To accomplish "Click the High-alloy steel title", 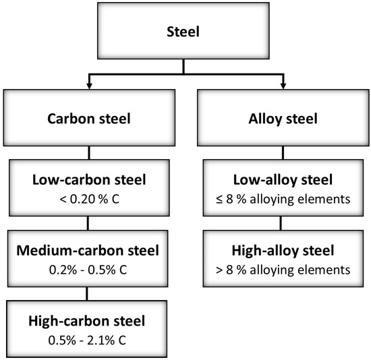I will pos(281,251).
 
